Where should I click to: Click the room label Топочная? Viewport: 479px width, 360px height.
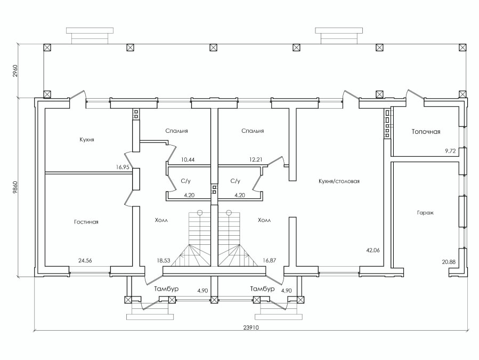[426, 132]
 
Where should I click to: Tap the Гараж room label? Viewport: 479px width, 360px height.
[425, 213]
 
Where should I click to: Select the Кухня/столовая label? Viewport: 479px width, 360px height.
[339, 181]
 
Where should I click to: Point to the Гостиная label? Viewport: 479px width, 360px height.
[86, 222]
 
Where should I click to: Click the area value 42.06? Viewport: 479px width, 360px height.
[372, 250]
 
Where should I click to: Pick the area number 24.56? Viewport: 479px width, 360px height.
[85, 261]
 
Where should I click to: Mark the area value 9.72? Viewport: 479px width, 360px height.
[450, 151]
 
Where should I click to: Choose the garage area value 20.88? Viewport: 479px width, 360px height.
[449, 262]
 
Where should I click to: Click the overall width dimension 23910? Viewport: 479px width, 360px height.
[251, 327]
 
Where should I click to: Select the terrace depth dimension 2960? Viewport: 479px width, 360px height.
[15, 70]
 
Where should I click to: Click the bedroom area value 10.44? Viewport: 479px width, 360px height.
[188, 159]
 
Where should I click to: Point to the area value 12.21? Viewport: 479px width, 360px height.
[255, 159]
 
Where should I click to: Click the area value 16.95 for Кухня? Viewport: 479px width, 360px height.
[123, 167]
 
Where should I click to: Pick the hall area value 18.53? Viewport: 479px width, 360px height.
[164, 260]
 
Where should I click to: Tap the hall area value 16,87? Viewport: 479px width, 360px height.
[269, 260]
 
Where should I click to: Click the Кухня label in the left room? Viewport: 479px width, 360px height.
[87, 140]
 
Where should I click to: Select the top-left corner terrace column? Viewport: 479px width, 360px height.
[47, 47]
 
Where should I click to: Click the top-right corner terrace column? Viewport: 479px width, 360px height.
[462, 47]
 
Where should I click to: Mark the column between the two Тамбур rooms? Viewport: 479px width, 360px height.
[214, 300]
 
